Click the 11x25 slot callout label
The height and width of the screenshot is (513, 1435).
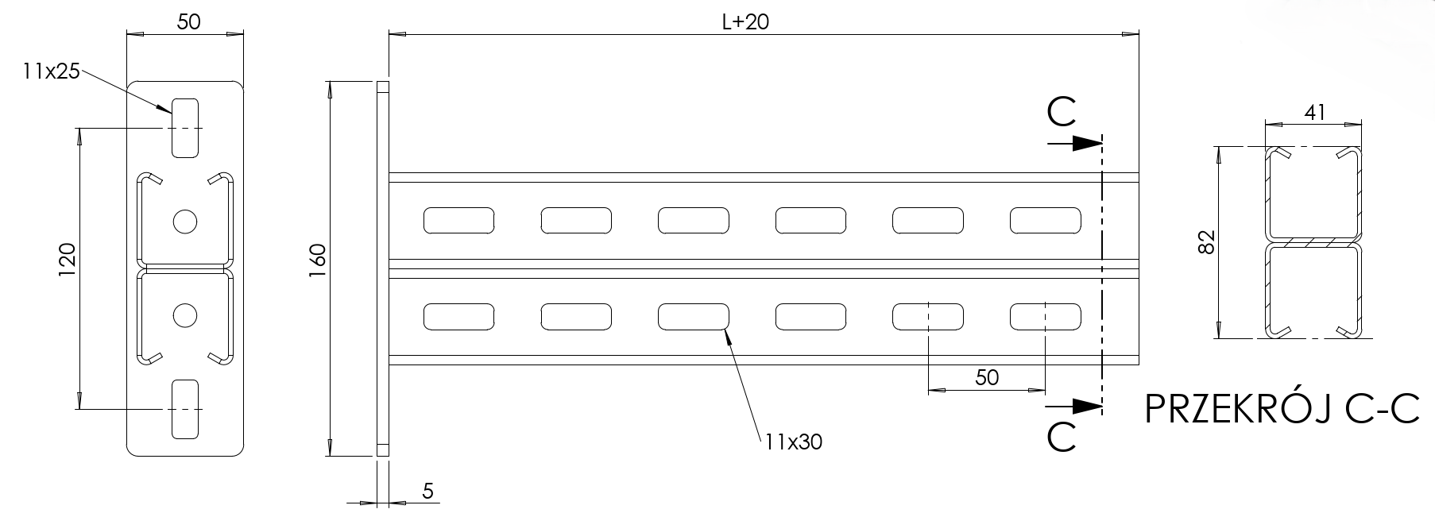pos(52,71)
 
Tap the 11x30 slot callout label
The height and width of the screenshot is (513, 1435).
pos(794,442)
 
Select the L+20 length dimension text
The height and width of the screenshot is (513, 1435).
pos(745,22)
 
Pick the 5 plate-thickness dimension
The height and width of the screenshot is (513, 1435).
pos(427,491)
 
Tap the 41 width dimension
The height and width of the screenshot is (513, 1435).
pos(1315,113)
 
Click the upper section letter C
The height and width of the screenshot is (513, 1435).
pos(1062,114)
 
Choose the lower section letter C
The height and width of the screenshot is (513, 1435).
pos(1062,438)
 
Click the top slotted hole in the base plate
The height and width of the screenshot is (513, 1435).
pos(184,127)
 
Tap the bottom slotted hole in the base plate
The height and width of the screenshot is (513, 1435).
pos(184,409)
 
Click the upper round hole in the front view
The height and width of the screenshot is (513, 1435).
pos(184,221)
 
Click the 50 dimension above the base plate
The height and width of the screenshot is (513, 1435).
pos(188,22)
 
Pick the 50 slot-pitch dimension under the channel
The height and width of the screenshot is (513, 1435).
pos(986,377)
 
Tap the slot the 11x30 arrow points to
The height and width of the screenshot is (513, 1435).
pos(693,317)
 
